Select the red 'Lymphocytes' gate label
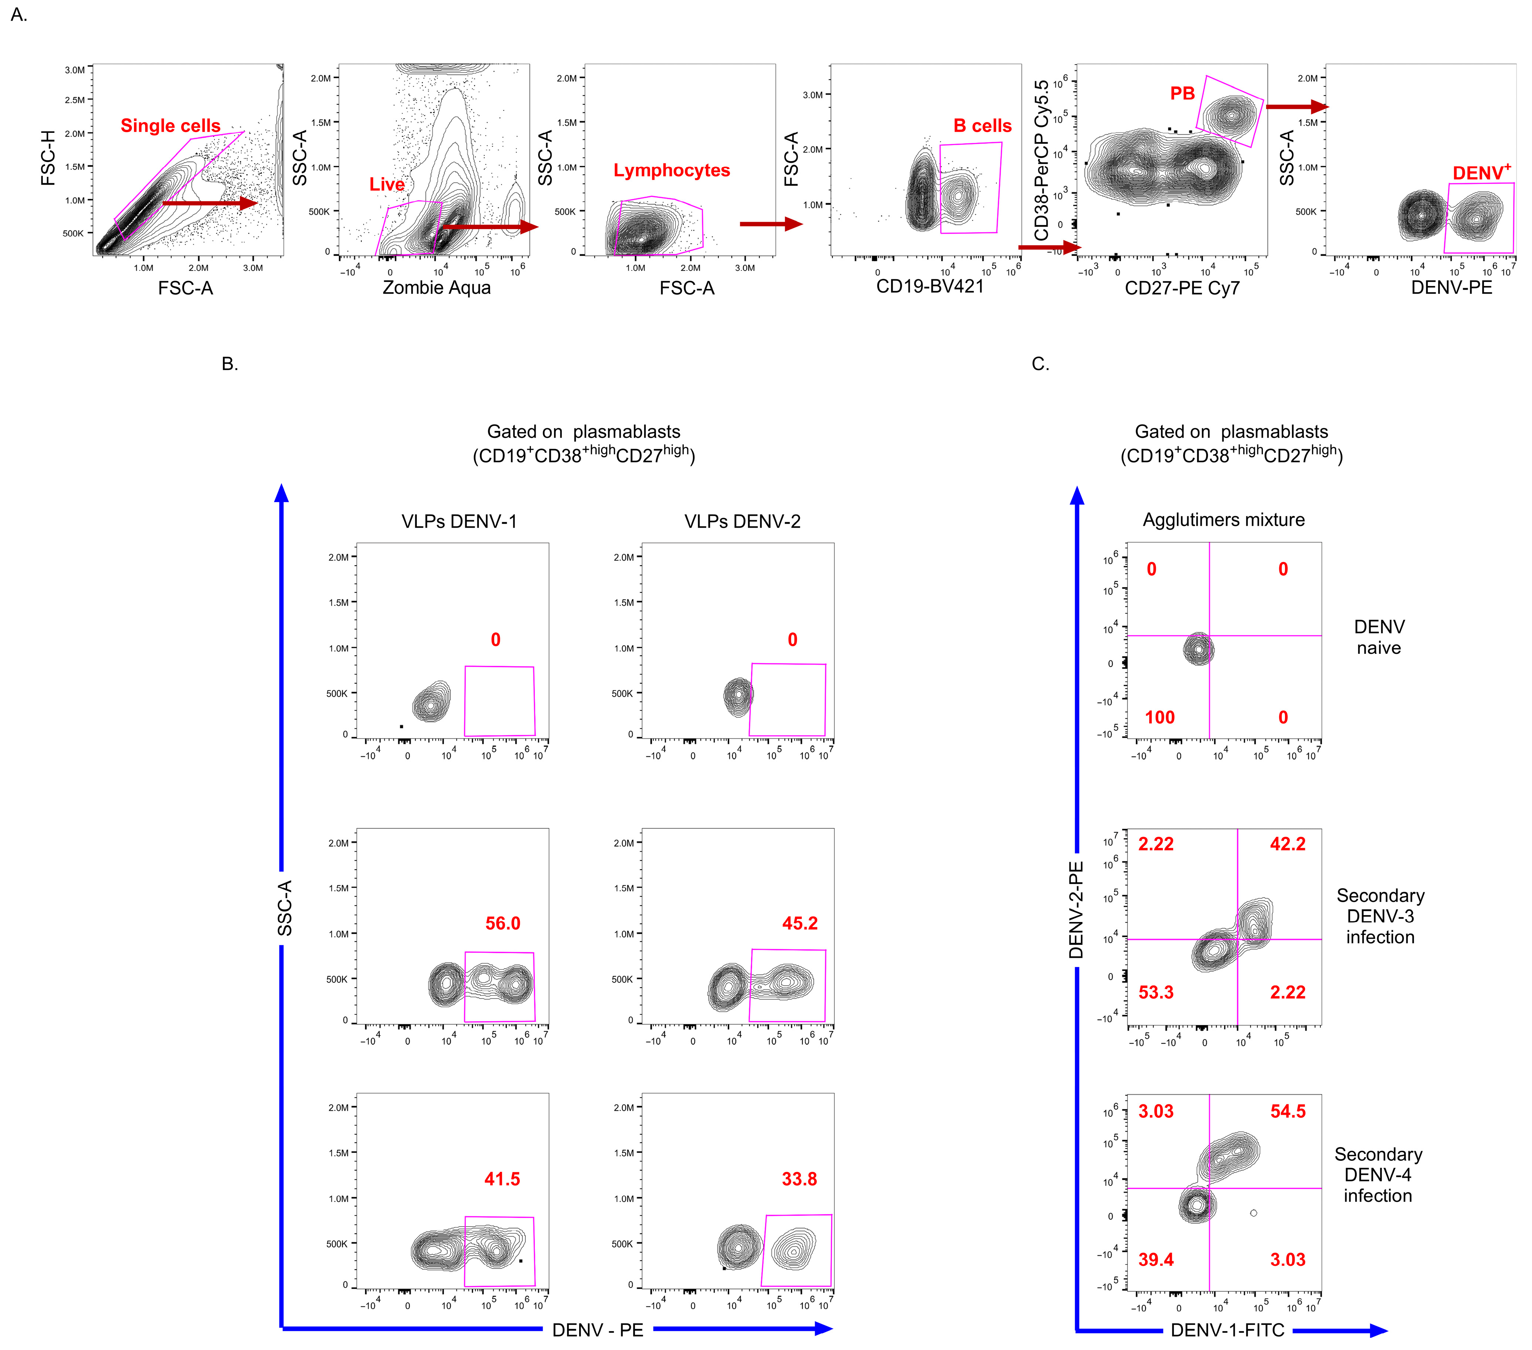pyautogui.click(x=671, y=171)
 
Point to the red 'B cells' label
pyautogui.click(x=982, y=126)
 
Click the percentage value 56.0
pyautogui.click(x=502, y=923)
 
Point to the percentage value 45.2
pyautogui.click(x=800, y=923)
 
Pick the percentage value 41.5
pyautogui.click(x=502, y=1178)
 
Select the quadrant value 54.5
pyautogui.click(x=1288, y=1111)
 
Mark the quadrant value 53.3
pyautogui.click(x=1156, y=992)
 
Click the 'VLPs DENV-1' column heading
pyautogui.click(x=459, y=521)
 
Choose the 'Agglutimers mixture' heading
pyautogui.click(x=1223, y=520)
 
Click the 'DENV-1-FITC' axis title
pyautogui.click(x=1227, y=1330)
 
